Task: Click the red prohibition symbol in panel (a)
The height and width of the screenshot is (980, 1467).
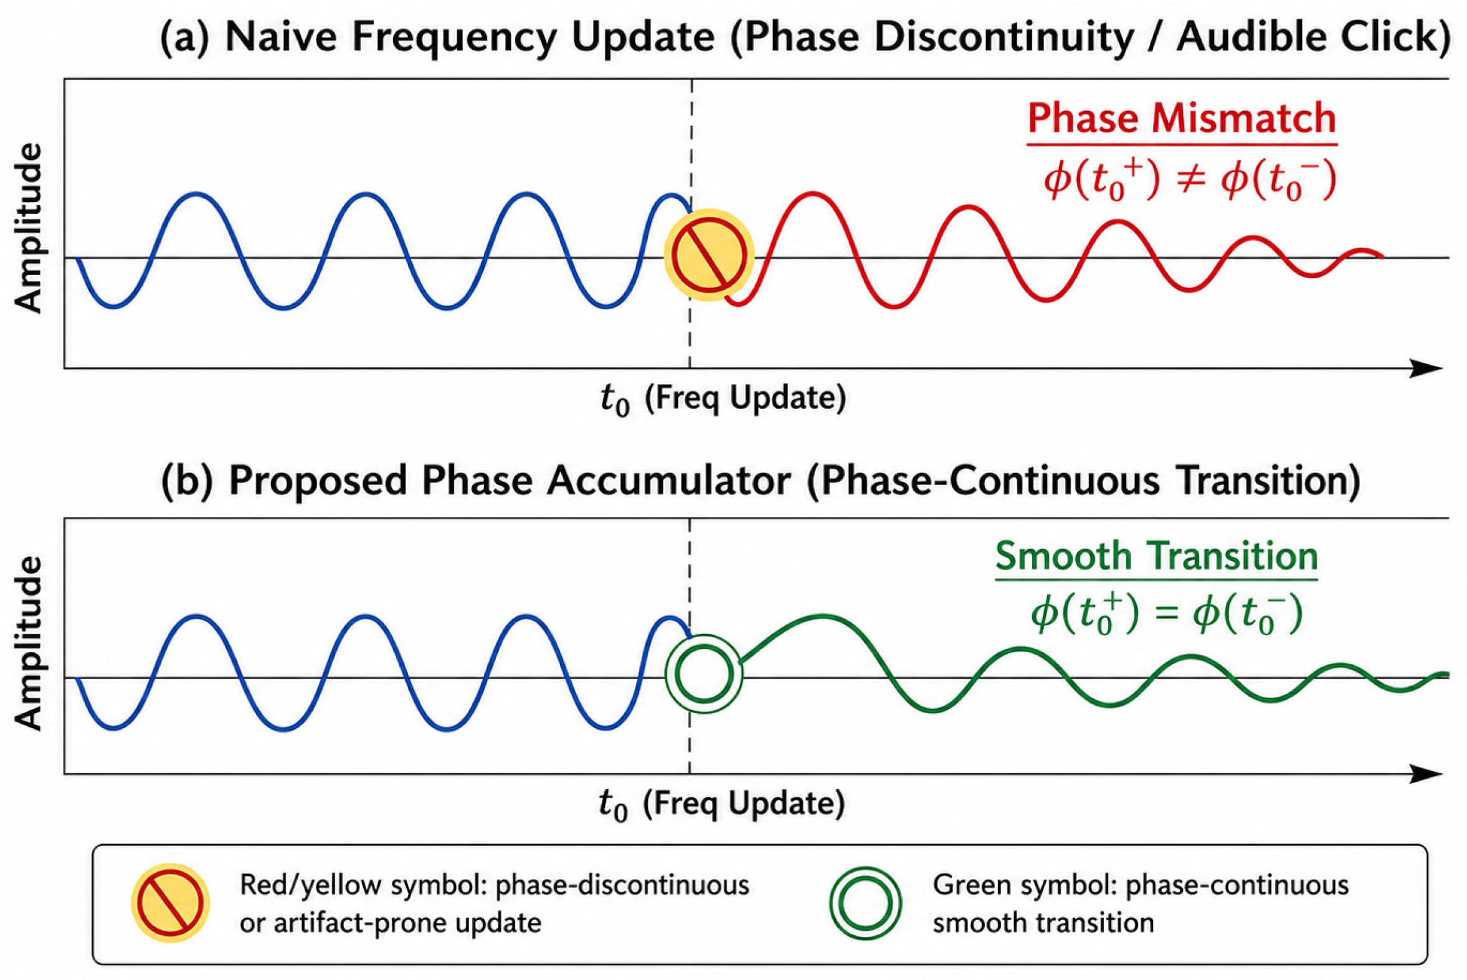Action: [x=709, y=255]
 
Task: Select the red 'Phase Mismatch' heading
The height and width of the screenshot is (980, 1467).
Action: [x=1182, y=118]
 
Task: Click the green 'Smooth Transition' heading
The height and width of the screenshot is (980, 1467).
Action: [x=1156, y=555]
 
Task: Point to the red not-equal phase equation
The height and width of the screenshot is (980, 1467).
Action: [x=1190, y=181]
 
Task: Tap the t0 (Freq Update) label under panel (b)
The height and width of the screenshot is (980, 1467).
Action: [x=721, y=804]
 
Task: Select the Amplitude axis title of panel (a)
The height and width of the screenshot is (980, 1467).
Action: [x=29, y=228]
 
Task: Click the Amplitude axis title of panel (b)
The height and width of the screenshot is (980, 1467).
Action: [x=29, y=644]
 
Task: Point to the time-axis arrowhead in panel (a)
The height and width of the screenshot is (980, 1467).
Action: [x=1427, y=369]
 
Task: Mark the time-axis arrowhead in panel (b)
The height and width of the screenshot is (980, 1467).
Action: [x=1427, y=774]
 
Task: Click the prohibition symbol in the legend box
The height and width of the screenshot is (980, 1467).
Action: [x=170, y=903]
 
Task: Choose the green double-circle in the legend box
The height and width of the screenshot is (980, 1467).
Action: [x=866, y=903]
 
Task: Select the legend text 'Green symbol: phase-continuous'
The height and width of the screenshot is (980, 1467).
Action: [x=1141, y=886]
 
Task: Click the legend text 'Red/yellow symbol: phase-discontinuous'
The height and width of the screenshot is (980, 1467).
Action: [x=495, y=886]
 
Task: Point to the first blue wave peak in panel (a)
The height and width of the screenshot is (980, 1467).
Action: [x=197, y=195]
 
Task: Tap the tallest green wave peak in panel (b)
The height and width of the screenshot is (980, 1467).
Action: [x=823, y=618]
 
